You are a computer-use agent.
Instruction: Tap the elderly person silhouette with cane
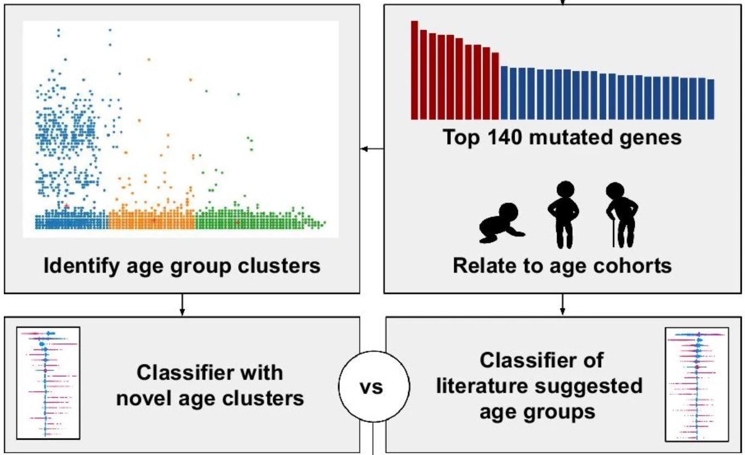[x=621, y=214]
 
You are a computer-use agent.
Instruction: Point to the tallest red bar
[x=414, y=70]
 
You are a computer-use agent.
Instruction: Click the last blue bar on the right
[x=710, y=99]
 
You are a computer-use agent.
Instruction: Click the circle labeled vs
[x=374, y=388]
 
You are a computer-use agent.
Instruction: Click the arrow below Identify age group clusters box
[x=182, y=306]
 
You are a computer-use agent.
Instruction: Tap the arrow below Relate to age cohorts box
[x=562, y=306]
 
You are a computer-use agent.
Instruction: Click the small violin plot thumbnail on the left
[x=48, y=383]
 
